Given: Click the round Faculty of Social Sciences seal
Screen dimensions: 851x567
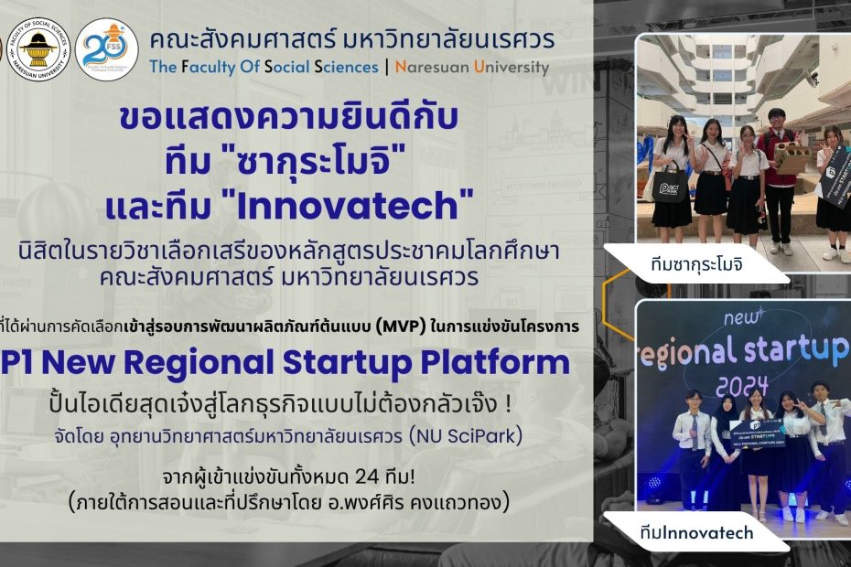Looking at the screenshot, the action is click(38, 48).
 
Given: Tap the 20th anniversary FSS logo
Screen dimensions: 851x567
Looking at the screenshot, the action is click(107, 49).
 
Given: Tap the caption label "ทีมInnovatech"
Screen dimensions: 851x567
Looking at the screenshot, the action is click(696, 532).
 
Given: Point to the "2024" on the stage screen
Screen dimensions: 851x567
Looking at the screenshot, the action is click(742, 385).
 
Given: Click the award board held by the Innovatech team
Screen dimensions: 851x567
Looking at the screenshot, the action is click(757, 432).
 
